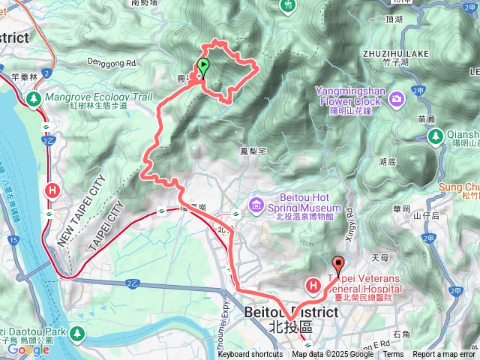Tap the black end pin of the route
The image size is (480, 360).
(x=337, y=265)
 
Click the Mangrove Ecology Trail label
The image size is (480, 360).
(x=98, y=97)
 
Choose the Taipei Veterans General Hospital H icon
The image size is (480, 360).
(x=313, y=285)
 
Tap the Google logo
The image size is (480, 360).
(x=28, y=349)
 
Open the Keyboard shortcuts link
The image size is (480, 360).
(x=250, y=354)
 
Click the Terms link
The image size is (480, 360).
(x=393, y=354)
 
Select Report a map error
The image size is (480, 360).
(x=444, y=354)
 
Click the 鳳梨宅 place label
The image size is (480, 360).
(x=253, y=151)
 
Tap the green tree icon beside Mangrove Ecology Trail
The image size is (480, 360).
(x=32, y=98)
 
